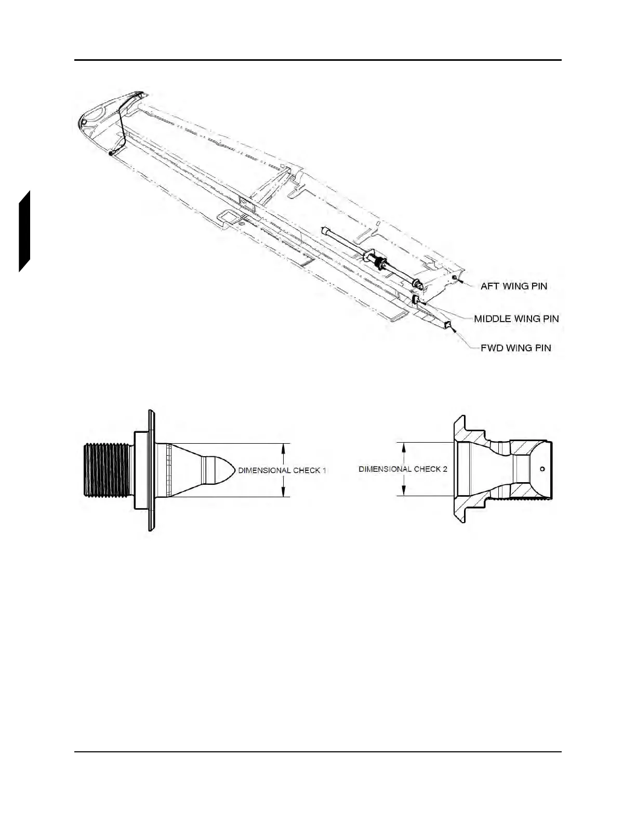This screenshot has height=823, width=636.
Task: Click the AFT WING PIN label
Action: [513, 286]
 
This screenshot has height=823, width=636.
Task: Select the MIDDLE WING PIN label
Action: [516, 318]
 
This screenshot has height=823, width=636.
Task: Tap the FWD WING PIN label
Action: [515, 348]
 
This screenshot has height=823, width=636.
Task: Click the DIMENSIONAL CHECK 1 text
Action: [282, 471]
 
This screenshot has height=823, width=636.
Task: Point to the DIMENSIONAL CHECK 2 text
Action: [403, 469]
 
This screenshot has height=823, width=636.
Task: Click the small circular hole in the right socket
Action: [542, 469]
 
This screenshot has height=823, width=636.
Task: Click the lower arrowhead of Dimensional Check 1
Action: [283, 494]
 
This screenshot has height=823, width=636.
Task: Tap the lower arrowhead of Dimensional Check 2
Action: [404, 492]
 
